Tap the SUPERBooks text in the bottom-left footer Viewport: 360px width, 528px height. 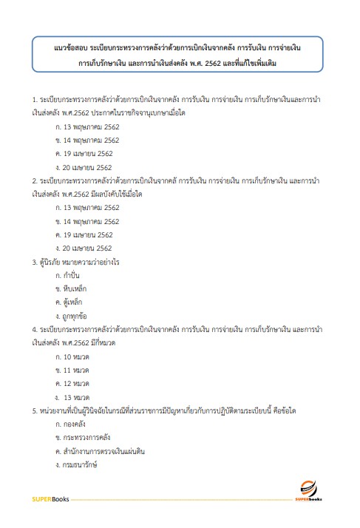(50, 499)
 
